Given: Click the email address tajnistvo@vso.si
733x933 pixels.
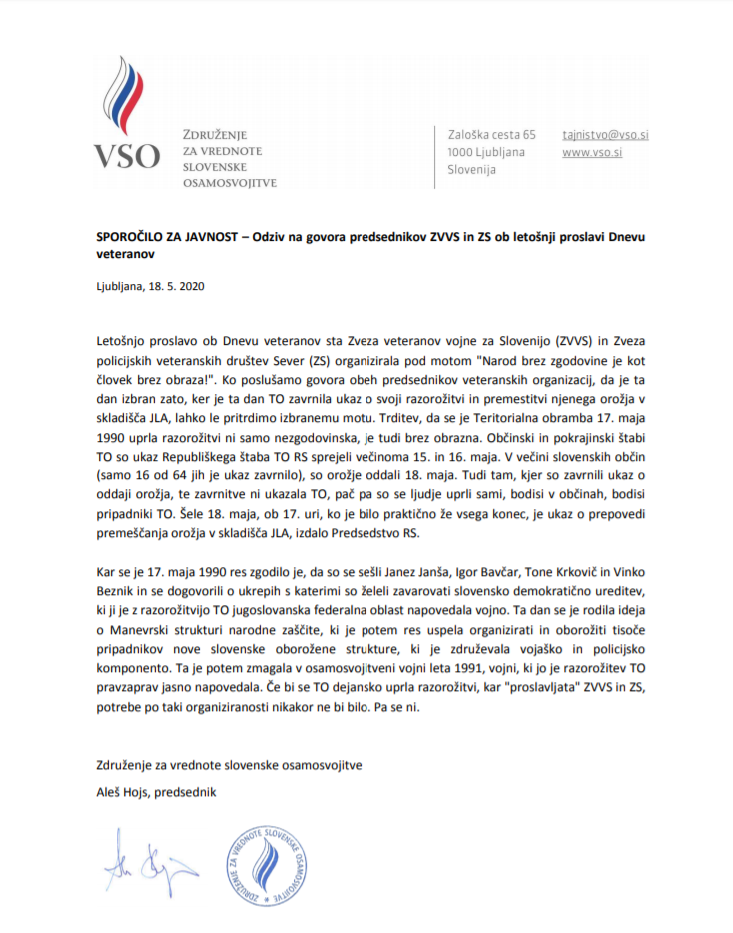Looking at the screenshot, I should point(606,133).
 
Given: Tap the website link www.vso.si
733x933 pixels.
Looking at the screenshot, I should point(592,152).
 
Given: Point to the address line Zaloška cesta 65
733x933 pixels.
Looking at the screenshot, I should point(492,133).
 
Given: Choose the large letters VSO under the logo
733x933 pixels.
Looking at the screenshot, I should point(126,157).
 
